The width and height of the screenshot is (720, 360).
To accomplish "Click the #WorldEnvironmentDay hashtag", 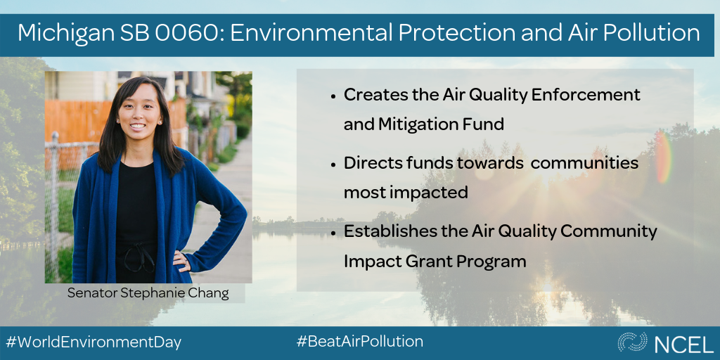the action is tap(94, 342).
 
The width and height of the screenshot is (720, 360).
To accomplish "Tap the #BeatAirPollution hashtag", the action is tap(360, 341).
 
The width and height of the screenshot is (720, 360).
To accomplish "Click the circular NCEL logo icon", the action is tap(632, 342).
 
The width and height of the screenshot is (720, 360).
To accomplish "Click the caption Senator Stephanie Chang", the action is tap(148, 293).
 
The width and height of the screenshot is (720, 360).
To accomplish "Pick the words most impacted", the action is tap(406, 193).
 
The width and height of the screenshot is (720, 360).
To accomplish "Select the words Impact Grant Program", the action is tap(435, 262).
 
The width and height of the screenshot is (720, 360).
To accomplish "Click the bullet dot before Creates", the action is tap(333, 97).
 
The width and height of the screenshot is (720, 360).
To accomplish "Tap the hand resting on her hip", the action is tap(181, 259).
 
